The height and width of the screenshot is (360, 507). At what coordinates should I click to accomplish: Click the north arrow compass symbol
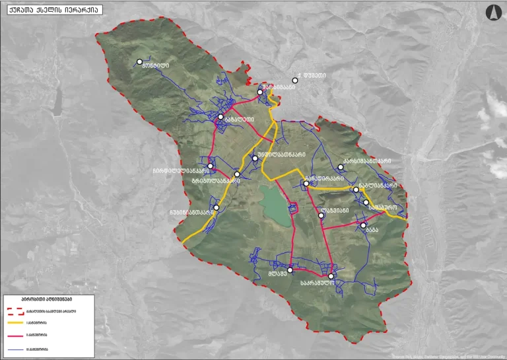[492, 12]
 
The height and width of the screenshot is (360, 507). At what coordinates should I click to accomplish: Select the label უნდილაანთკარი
[281, 155]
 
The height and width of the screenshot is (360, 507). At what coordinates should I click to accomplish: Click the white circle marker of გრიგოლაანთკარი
[237, 174]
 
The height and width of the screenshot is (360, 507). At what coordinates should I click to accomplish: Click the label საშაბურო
[382, 206]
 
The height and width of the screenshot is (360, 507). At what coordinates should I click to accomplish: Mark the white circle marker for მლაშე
[290, 270]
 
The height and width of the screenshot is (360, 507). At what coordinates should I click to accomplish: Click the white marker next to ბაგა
[363, 225]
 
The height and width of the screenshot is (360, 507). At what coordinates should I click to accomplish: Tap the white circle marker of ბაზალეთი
[220, 117]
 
